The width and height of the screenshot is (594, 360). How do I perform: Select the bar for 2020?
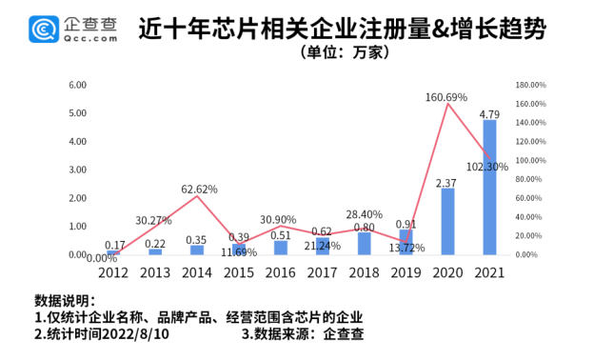coord(447,222)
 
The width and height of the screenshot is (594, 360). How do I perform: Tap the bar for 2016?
coord(281,248)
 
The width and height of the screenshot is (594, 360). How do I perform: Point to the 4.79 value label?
coord(490,114)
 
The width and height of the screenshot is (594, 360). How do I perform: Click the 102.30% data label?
coord(487,167)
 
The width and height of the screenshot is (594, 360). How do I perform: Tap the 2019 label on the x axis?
coord(405,271)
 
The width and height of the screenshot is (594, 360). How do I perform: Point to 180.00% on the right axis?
coord(531,85)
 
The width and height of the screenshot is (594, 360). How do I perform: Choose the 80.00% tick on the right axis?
coord(529,179)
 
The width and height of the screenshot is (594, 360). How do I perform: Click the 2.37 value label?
coord(447,183)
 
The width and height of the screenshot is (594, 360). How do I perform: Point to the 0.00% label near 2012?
coord(101,257)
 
